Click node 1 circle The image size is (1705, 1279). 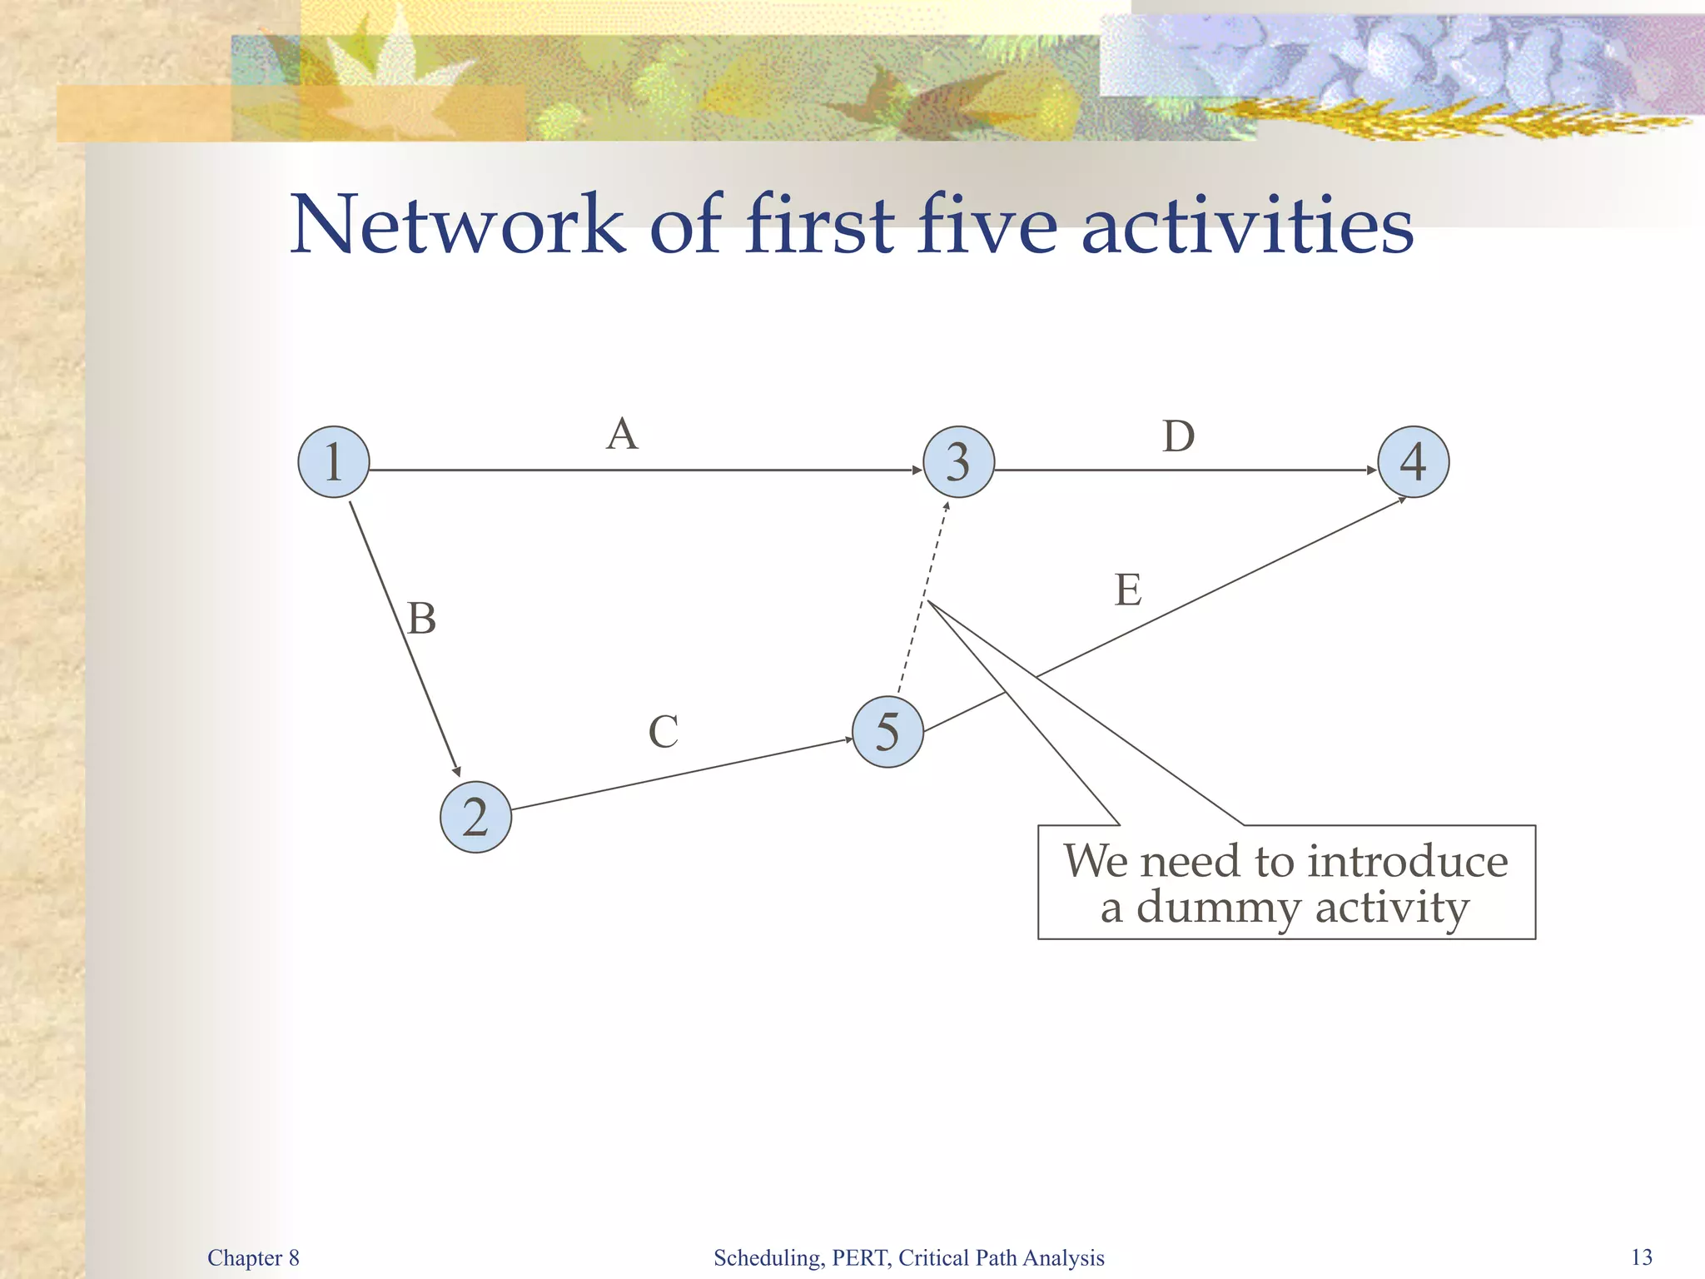tap(333, 462)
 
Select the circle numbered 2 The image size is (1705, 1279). tap(475, 817)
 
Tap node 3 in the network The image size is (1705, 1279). tap(958, 462)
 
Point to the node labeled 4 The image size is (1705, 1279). tap(1413, 462)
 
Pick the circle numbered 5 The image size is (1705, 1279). tap(887, 732)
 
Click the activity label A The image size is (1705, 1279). tap(622, 434)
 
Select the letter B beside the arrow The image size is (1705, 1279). tap(421, 619)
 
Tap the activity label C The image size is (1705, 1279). tap(663, 732)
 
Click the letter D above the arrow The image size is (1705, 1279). tap(1178, 436)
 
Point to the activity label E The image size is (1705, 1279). tap(1128, 590)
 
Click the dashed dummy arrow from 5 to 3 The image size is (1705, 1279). tap(922, 600)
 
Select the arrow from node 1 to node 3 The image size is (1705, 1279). tap(645, 470)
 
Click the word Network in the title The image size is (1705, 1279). tap(457, 224)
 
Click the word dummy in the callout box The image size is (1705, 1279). tap(1219, 907)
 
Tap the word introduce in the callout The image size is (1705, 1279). tap(1407, 861)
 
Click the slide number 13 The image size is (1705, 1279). tap(1642, 1257)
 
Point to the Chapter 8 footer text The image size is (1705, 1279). tap(253, 1257)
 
